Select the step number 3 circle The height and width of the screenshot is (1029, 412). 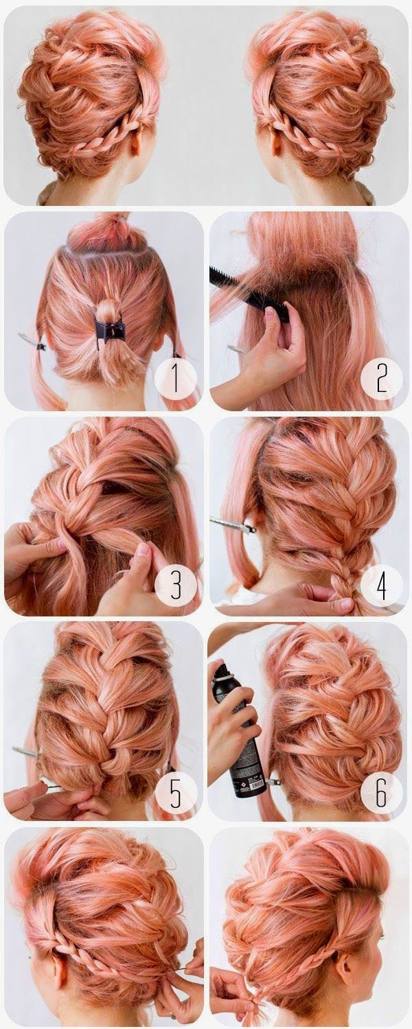point(176,584)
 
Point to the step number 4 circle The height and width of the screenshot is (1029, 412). point(381,584)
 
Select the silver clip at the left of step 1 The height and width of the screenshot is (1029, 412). point(32,342)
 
